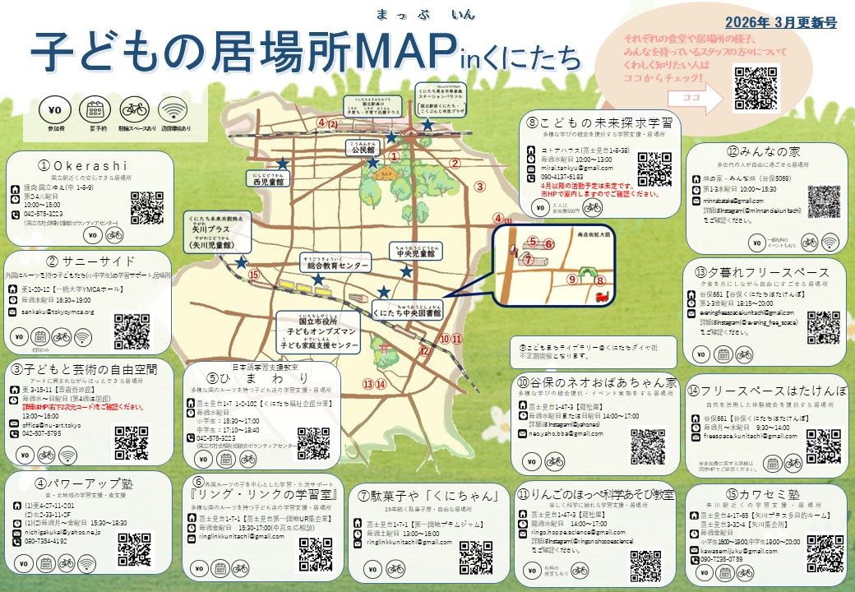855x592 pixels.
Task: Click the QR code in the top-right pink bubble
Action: [756, 88]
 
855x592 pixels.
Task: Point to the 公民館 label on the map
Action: [362, 150]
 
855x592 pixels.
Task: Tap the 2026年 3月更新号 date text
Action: [781, 23]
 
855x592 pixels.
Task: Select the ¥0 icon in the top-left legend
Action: [55, 110]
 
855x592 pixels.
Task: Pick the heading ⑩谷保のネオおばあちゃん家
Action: [597, 383]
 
